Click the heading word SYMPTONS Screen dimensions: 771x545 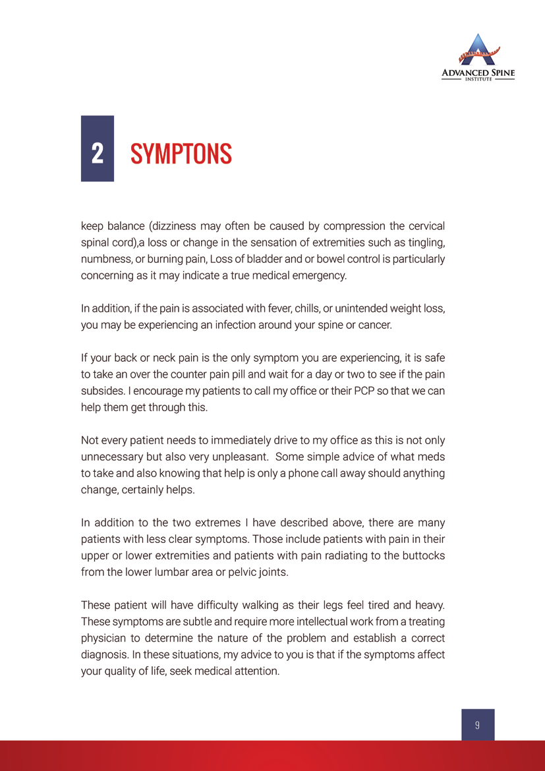pos(181,154)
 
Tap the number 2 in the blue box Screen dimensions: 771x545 pos(97,154)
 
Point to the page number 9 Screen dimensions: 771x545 pos(477,725)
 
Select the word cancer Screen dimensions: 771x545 pos(375,324)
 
